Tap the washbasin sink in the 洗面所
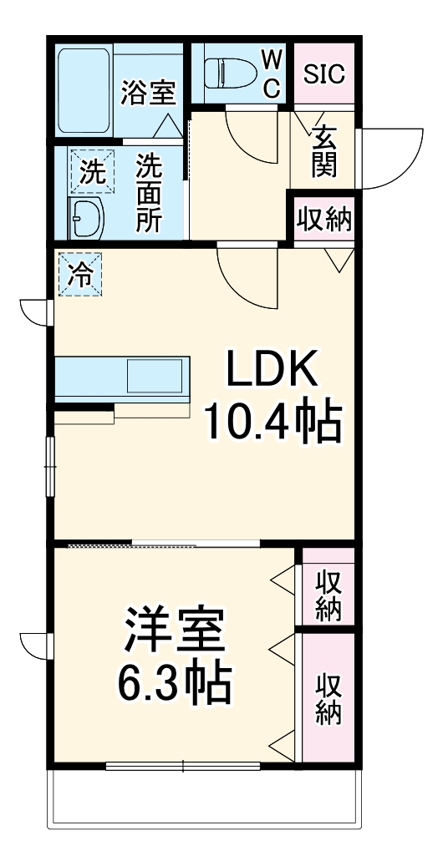click(85, 219)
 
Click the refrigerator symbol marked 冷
click(80, 273)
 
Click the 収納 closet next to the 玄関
click(323, 220)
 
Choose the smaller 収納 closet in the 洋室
click(328, 595)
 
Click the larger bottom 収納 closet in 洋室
click(328, 699)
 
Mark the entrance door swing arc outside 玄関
click(389, 159)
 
